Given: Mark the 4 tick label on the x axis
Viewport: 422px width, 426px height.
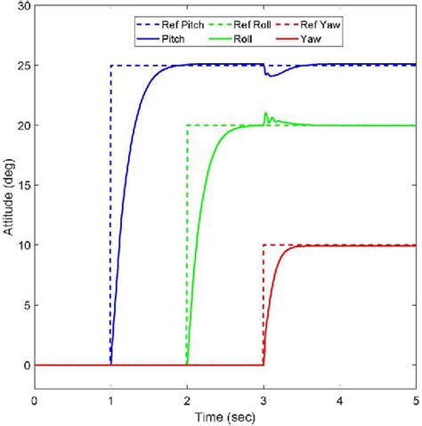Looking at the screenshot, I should (339, 401).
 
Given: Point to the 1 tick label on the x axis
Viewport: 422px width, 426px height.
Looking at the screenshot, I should (110, 401).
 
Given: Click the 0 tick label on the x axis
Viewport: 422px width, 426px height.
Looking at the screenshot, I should (35, 401).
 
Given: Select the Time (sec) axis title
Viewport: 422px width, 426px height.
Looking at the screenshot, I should (224, 416).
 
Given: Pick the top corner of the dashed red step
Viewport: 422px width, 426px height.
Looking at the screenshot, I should (264, 245).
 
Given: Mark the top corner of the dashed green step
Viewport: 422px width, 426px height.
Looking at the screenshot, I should (187, 125).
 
